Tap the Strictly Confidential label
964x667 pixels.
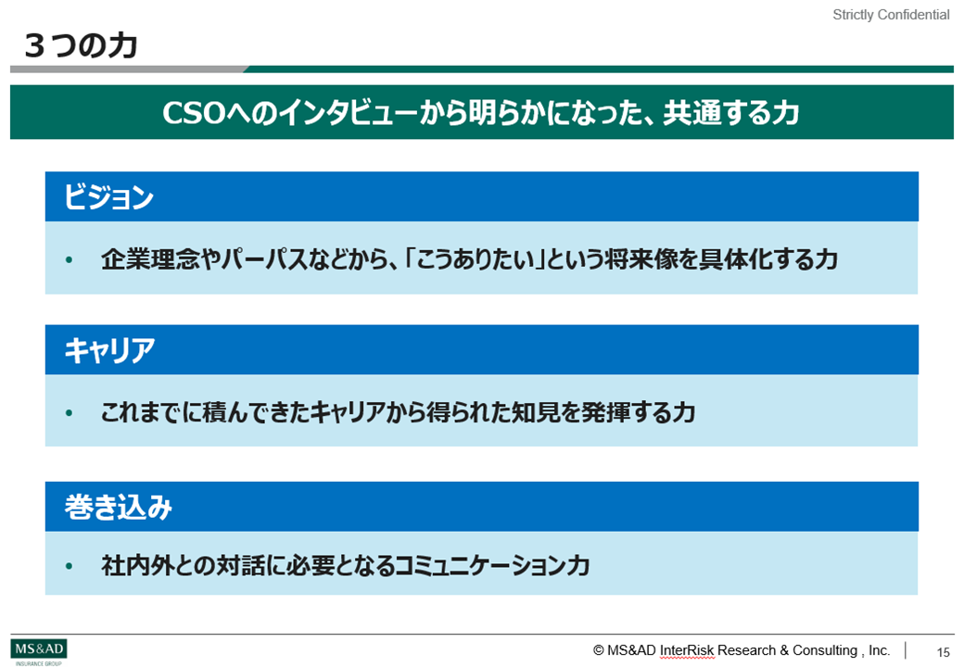pos(891,15)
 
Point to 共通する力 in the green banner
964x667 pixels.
pos(731,113)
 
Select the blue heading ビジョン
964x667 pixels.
pos(108,197)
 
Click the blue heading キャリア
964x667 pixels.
pos(109,350)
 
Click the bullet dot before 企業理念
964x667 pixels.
pos(69,259)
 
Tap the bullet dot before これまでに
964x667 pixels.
pos(69,412)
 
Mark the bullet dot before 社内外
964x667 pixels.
pos(69,565)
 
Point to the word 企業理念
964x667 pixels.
pos(149,259)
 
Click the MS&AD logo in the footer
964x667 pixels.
pos(39,650)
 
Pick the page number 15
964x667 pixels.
pos(944,651)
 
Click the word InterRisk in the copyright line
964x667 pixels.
pos(687,650)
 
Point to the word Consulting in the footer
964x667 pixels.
pos(819,650)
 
